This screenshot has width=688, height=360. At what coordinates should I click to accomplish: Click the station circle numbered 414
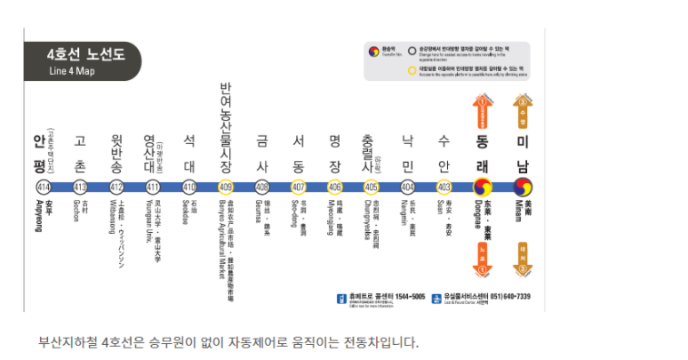(43, 187)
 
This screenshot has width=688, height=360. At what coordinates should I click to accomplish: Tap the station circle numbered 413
(80, 187)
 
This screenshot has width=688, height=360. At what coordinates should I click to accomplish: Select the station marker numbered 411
(153, 187)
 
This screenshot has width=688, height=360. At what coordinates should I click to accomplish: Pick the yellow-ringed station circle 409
(225, 187)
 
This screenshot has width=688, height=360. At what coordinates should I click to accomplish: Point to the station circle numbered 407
(298, 187)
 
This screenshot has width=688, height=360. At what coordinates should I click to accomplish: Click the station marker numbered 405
(371, 187)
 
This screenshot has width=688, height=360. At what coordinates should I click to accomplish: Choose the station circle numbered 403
(444, 187)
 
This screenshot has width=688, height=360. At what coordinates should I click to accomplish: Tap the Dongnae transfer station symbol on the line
(484, 187)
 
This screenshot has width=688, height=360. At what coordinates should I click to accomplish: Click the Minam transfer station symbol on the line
(521, 187)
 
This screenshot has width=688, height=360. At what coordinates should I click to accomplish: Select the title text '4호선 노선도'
(86, 55)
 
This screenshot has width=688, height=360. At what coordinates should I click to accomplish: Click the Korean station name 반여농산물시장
(225, 129)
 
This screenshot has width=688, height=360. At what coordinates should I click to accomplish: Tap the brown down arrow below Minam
(522, 260)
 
